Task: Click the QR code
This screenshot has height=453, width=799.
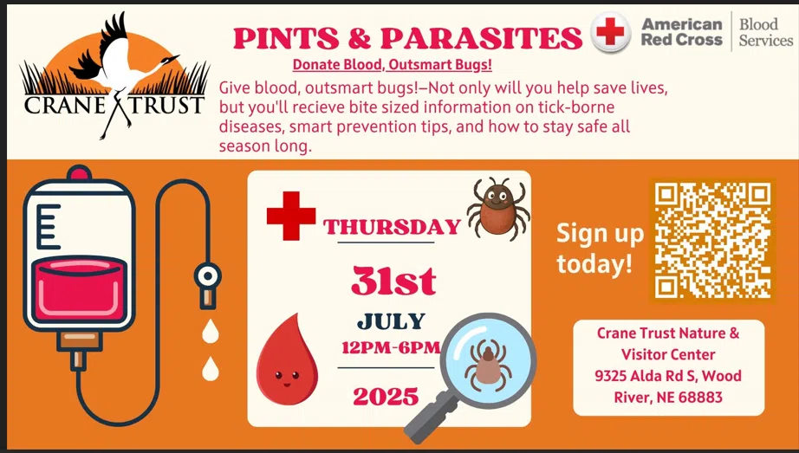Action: coord(712,241)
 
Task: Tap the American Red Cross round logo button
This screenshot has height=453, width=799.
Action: coord(610,31)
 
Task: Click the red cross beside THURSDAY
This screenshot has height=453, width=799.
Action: coord(291,216)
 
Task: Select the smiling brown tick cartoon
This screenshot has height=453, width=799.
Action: coord(497,209)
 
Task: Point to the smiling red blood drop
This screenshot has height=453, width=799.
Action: coord(286,359)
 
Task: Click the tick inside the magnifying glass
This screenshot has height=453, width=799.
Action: coord(488,365)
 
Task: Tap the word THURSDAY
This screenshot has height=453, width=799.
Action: coord(392,227)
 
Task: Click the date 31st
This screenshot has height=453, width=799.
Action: coord(393,281)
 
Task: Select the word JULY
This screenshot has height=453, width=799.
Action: coord(391,321)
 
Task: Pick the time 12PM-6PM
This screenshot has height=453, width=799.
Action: coord(391,347)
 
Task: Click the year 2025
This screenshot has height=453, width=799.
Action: coord(386,397)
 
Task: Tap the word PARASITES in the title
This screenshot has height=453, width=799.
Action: coord(481,38)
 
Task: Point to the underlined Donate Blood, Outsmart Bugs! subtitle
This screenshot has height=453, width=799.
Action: coord(393,65)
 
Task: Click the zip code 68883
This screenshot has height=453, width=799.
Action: coord(701,398)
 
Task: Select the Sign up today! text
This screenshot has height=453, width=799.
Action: coord(600,249)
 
